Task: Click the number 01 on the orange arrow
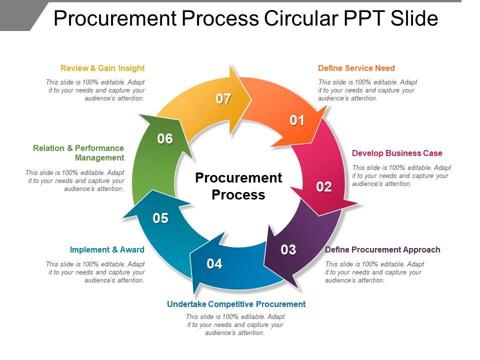(x=297, y=120)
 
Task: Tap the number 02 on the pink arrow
(x=324, y=187)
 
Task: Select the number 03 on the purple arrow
(x=288, y=249)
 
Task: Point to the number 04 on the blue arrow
(x=214, y=263)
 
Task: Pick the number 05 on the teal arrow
(x=160, y=218)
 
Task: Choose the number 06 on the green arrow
(x=165, y=139)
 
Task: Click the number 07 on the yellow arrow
(x=223, y=99)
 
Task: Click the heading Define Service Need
(x=356, y=68)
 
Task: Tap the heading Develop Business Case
(x=397, y=153)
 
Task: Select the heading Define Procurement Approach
(x=382, y=249)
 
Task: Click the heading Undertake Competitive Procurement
(x=236, y=304)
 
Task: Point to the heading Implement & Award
(x=107, y=249)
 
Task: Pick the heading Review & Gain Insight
(x=102, y=68)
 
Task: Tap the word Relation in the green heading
(x=48, y=148)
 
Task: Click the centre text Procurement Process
(x=238, y=186)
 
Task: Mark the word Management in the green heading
(x=99, y=157)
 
